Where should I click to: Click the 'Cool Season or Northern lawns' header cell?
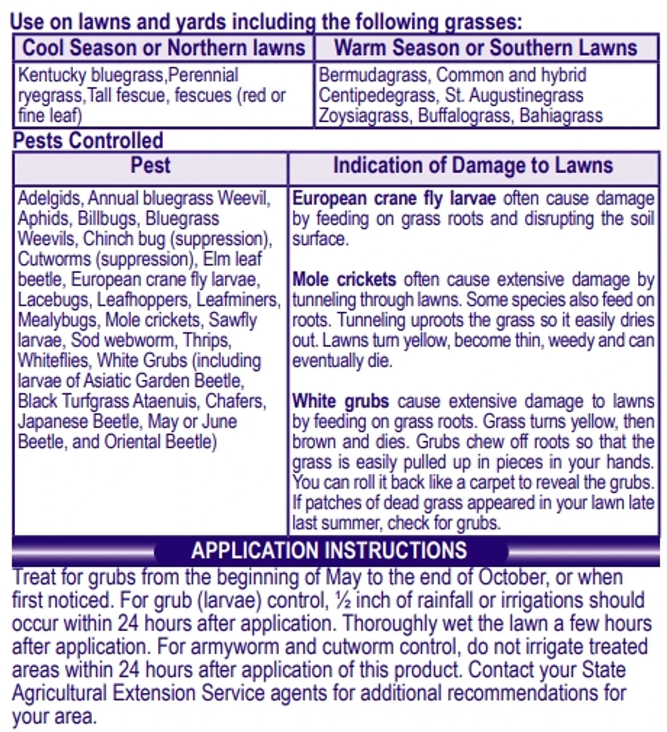click(x=163, y=47)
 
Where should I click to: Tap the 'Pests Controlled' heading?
click(x=88, y=140)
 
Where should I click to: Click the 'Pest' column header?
click(x=150, y=165)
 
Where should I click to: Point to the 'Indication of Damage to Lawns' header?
click(x=473, y=165)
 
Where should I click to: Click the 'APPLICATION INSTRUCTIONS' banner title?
click(x=329, y=550)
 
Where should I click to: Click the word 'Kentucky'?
click(x=52, y=75)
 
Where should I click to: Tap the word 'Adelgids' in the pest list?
click(x=50, y=198)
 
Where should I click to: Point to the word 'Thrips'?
click(x=207, y=340)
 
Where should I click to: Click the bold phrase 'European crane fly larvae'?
click(x=394, y=198)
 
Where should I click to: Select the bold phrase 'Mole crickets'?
click(x=344, y=280)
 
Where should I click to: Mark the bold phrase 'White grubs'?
click(x=341, y=401)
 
